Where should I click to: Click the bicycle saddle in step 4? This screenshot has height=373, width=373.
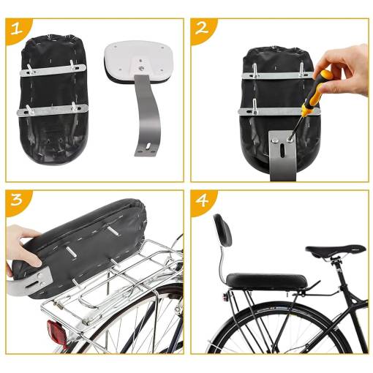336,251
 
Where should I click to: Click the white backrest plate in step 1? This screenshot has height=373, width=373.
138,61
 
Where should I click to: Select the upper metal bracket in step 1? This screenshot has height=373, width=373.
53,71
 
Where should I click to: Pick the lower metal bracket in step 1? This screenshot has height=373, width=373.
53,111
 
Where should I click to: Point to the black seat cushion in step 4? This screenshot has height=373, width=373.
266,281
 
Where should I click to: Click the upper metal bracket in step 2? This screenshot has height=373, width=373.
278,75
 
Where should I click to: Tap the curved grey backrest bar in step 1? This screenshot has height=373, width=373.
147,116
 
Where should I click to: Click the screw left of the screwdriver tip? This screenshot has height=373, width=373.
275,140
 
